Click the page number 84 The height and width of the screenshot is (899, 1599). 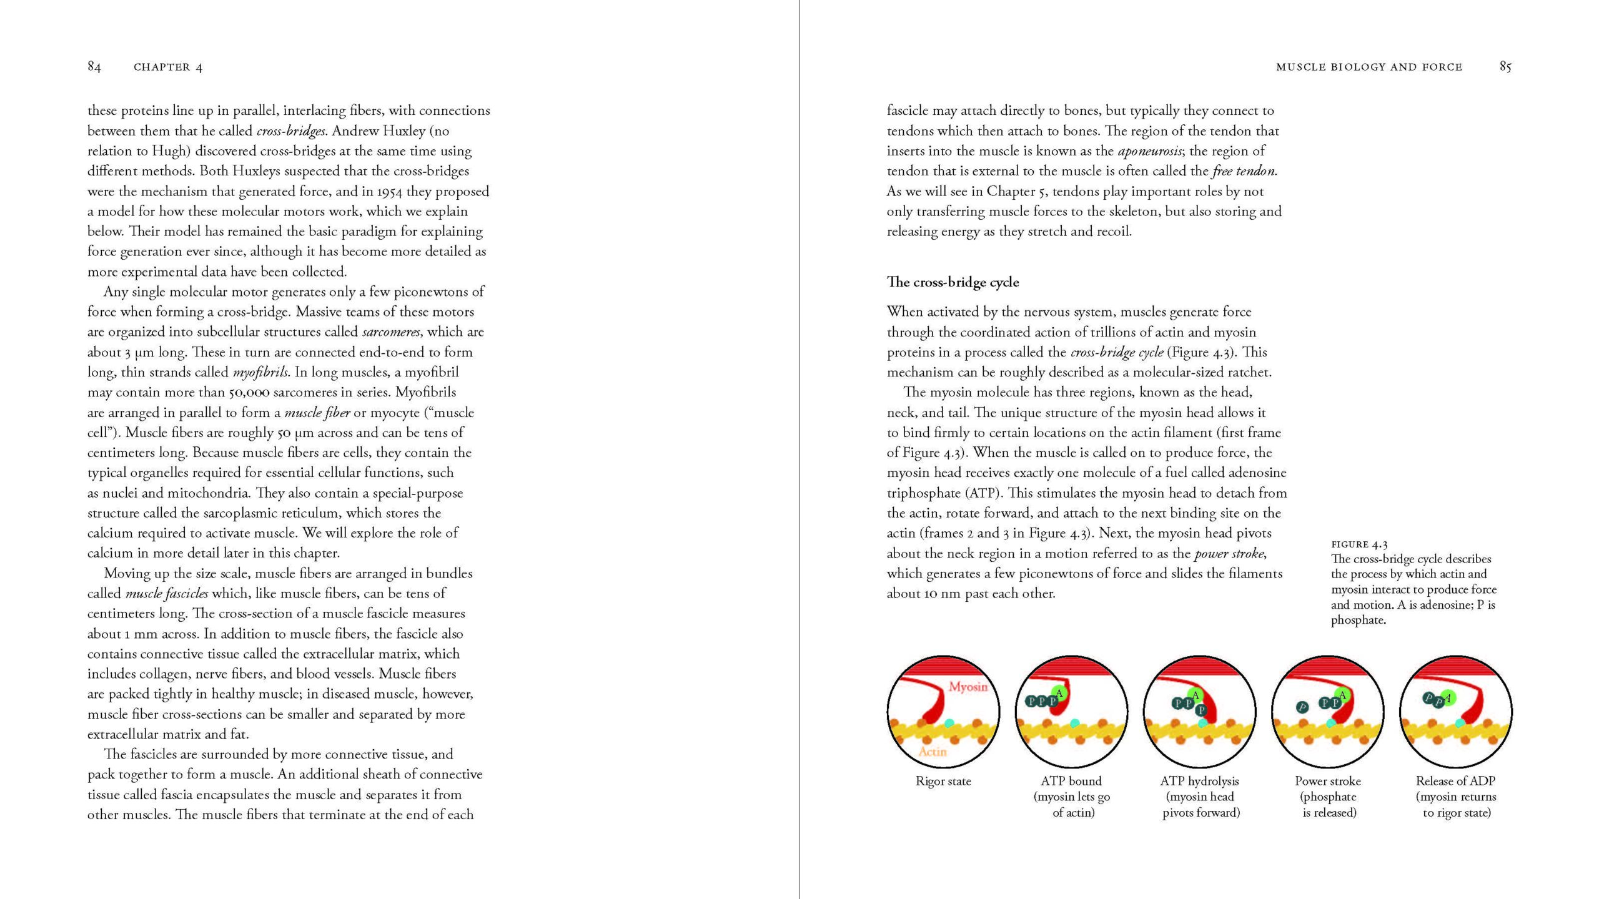coord(94,67)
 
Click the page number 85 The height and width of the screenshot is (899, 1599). coord(1505,67)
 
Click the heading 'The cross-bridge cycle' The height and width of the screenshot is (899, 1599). coord(953,282)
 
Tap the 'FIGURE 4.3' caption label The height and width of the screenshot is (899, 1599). coord(1359,544)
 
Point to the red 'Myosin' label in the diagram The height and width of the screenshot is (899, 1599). coord(968,687)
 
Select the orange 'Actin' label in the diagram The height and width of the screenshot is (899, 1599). coord(933,752)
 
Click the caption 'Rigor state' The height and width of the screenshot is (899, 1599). coord(943,781)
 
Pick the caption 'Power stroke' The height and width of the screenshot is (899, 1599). coord(1327,781)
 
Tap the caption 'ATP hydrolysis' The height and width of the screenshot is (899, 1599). coord(1199,781)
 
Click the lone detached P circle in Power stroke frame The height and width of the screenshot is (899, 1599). coord(1302,707)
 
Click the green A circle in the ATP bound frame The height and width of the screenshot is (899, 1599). coord(1059,693)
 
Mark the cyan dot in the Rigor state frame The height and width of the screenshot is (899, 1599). coord(949,723)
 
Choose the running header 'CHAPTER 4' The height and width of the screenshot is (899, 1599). coord(168,67)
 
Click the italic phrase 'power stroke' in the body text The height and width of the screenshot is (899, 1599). coord(1229,554)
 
